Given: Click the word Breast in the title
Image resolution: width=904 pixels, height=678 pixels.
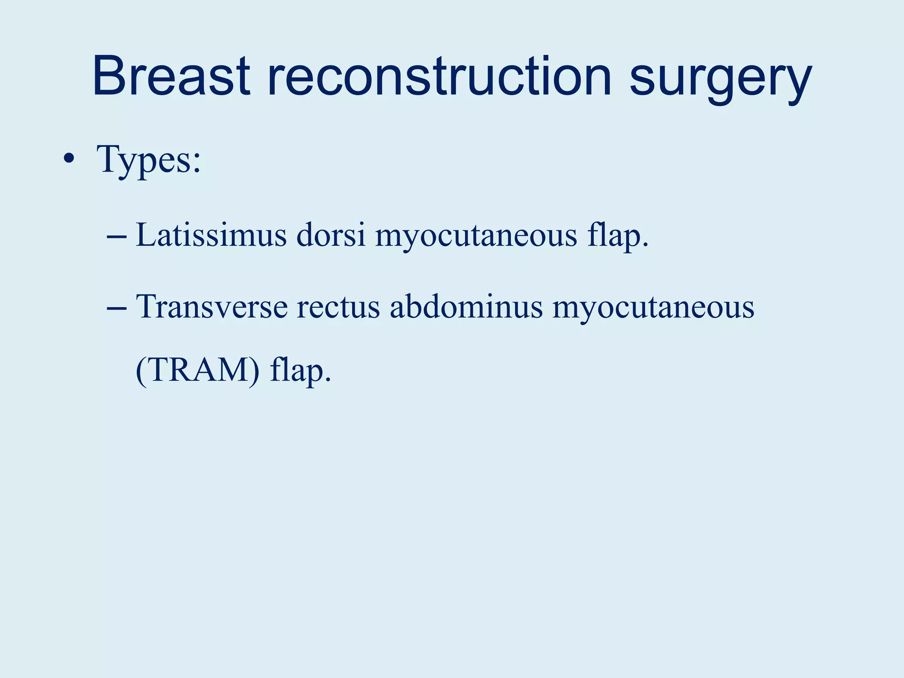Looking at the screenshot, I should [x=171, y=76].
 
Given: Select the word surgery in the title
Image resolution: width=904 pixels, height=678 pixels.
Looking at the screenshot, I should [x=720, y=79].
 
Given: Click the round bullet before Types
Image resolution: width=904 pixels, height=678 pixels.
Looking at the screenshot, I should [x=68, y=158].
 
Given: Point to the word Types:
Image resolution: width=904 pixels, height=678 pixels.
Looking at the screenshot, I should [x=149, y=160].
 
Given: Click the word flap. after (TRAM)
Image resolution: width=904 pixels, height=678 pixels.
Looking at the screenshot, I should [x=300, y=371].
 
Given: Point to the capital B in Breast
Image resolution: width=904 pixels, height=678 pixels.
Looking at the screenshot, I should [x=109, y=76].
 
